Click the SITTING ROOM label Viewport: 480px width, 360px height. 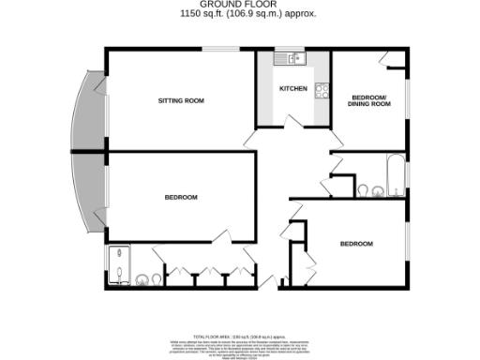(180, 99)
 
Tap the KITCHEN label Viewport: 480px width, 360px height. (293, 89)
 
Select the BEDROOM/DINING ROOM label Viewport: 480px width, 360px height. (370, 100)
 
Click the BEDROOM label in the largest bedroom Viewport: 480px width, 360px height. (180, 197)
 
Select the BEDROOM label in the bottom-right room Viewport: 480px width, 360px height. (356, 244)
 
